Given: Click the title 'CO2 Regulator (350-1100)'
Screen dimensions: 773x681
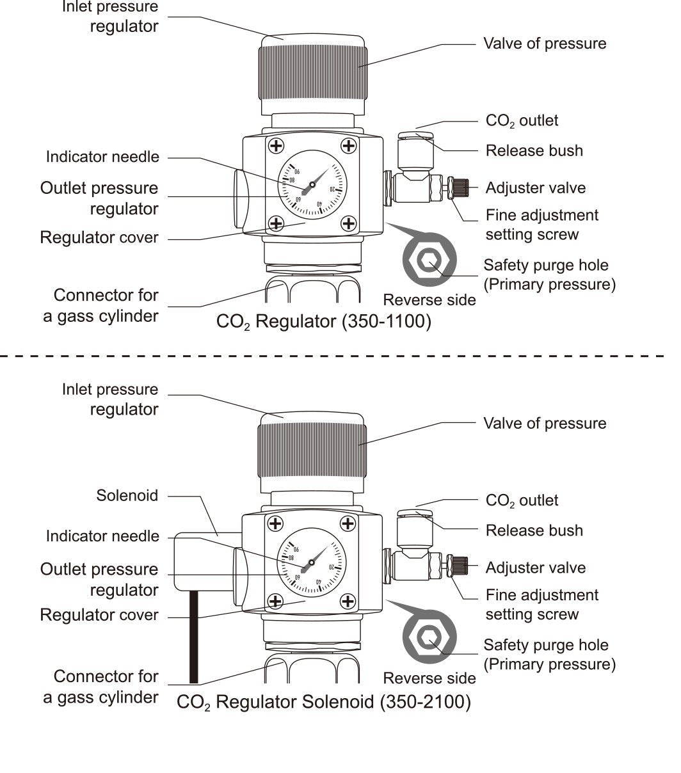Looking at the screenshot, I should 323,321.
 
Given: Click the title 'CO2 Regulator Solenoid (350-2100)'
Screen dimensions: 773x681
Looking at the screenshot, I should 323,702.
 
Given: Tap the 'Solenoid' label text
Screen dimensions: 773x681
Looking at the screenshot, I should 127,495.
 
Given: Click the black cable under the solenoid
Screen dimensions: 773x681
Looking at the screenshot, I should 194,637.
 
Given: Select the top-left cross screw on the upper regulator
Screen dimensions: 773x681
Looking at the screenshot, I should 276,146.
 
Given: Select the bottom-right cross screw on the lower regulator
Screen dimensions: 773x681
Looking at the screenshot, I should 348,601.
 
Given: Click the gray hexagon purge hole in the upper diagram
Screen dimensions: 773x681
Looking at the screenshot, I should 429,260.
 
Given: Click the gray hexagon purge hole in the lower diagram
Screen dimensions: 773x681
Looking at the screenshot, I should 429,638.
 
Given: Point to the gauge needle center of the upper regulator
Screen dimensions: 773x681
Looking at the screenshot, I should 312,185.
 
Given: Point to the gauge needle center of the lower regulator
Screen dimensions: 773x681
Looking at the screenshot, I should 312,563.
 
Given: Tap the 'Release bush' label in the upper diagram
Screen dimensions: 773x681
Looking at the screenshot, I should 534,150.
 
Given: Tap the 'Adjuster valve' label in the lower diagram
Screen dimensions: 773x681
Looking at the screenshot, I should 535,568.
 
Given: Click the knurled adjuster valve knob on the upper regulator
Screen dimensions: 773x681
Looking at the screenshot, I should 460,187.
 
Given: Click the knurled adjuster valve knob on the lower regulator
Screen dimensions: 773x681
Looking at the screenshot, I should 460,566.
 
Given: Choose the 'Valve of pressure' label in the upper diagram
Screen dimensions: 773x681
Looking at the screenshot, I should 544,44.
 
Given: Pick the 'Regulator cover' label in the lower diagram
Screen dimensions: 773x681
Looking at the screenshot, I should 99,615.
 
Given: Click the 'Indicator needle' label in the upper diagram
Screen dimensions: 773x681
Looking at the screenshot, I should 102,157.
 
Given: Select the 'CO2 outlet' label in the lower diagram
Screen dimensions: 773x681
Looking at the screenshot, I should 522,500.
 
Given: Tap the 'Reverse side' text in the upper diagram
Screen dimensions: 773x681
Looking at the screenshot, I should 429,300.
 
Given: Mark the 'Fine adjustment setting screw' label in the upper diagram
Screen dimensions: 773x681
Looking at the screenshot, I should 541,225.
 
